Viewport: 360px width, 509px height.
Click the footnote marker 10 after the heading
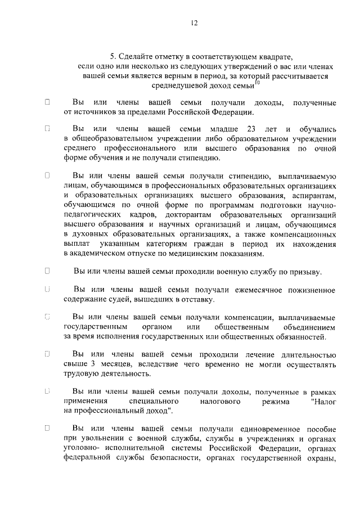click(x=257, y=83)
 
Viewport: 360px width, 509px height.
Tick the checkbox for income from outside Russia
click(x=48, y=102)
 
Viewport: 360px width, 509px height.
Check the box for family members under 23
click(x=48, y=128)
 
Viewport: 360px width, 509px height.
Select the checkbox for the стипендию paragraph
click(x=48, y=175)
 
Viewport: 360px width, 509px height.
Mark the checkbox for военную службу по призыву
click(x=48, y=271)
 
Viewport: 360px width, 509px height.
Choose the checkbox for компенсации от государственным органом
click(x=48, y=317)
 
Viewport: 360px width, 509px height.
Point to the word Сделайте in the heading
click(x=136, y=56)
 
